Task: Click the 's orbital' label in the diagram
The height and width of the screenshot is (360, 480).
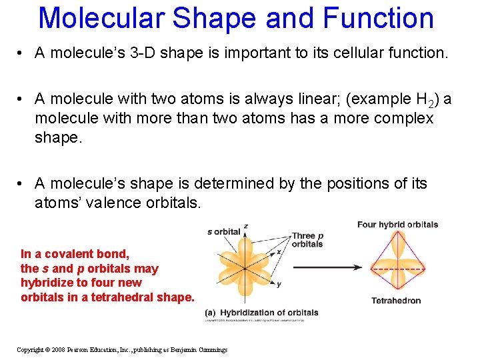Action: pyautogui.click(x=223, y=232)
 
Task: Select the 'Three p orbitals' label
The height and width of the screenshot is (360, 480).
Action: pyautogui.click(x=307, y=239)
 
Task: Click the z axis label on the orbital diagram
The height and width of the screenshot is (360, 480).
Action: pyautogui.click(x=246, y=227)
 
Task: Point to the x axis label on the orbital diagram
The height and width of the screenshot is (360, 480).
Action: pyautogui.click(x=269, y=251)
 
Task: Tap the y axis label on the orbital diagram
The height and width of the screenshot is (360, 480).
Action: pyautogui.click(x=278, y=284)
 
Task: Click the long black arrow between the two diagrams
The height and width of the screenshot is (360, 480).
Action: pyautogui.click(x=327, y=267)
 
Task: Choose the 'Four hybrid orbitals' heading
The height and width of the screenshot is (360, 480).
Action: pyautogui.click(x=397, y=225)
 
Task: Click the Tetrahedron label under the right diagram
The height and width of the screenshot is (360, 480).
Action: pyautogui.click(x=396, y=300)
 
